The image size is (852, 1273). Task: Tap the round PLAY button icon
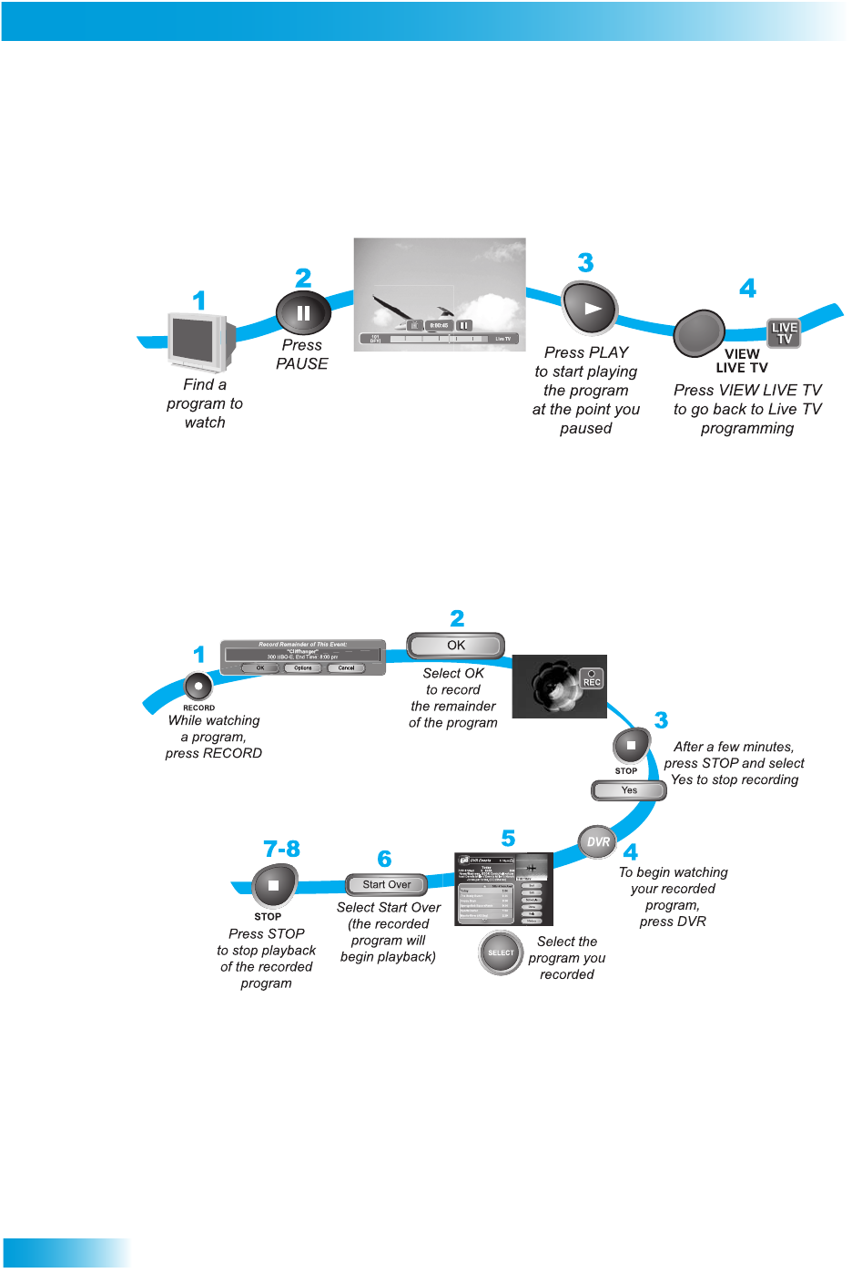(x=590, y=308)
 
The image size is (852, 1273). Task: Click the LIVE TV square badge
(x=784, y=333)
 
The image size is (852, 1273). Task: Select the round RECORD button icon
(x=198, y=687)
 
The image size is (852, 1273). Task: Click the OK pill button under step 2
(x=455, y=646)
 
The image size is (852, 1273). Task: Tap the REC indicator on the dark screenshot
(x=592, y=679)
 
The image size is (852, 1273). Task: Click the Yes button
(x=629, y=790)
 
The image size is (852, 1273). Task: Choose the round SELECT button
(x=501, y=952)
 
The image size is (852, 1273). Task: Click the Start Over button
(x=387, y=884)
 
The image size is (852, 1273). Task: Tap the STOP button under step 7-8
(x=274, y=885)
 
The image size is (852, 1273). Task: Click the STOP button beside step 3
(x=631, y=747)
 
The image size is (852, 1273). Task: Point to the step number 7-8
(x=281, y=850)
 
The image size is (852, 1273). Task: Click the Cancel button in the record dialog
(x=346, y=667)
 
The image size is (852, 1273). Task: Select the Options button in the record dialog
(x=302, y=667)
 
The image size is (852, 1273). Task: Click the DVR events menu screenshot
(x=503, y=890)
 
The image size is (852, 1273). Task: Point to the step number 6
(x=384, y=859)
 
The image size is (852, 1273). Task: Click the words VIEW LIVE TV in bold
(x=742, y=361)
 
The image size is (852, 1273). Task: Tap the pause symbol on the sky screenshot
(x=463, y=325)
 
